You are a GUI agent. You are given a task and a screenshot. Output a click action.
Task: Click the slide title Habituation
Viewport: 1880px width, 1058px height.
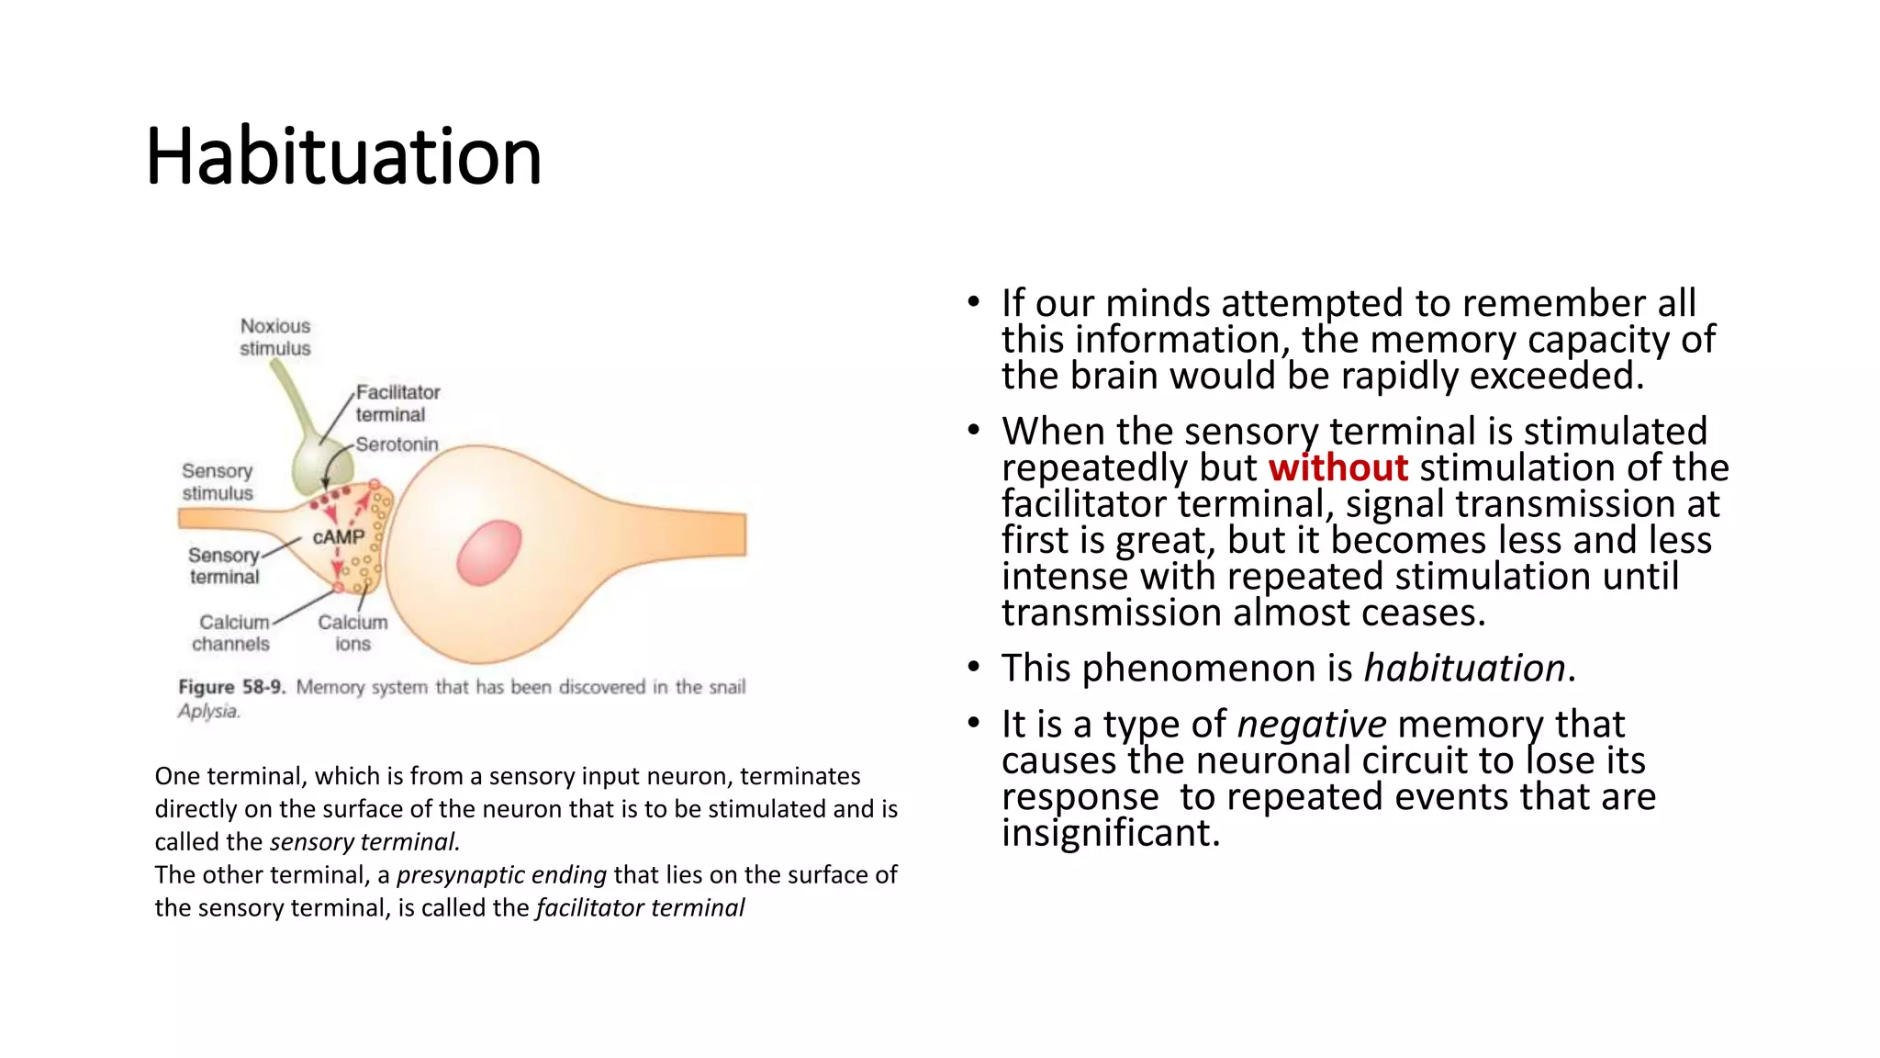pyautogui.click(x=343, y=156)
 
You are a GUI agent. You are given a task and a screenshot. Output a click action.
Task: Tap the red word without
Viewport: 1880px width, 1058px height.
pyautogui.click(x=1337, y=468)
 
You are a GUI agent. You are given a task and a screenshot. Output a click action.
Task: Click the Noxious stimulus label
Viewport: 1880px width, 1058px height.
pyautogui.click(x=275, y=337)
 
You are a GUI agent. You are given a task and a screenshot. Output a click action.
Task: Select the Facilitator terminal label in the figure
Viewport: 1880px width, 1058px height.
pyautogui.click(x=397, y=403)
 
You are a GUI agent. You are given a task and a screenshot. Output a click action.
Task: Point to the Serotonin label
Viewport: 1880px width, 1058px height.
pyautogui.click(x=397, y=445)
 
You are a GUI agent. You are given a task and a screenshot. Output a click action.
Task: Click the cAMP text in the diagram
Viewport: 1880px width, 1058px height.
pyautogui.click(x=339, y=536)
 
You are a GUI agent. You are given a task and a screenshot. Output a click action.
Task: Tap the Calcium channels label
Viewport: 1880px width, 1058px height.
pyautogui.click(x=232, y=633)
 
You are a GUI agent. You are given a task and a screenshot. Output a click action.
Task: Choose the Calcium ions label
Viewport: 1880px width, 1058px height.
pyautogui.click(x=352, y=633)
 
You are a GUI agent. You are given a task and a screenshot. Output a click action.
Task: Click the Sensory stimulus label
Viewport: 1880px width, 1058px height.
pyautogui.click(x=218, y=481)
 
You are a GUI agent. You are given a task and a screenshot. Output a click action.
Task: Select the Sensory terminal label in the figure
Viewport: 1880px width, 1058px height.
pyautogui.click(x=225, y=566)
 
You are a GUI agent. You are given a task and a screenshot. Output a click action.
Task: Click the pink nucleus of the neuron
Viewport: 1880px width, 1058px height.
pyautogui.click(x=489, y=552)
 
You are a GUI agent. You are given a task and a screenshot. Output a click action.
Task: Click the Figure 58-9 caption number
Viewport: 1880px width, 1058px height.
pyautogui.click(x=231, y=687)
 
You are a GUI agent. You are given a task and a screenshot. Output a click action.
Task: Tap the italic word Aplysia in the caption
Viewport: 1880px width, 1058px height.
pyautogui.click(x=208, y=711)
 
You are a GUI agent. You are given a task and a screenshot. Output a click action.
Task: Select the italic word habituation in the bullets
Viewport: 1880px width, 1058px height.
pyautogui.click(x=1464, y=668)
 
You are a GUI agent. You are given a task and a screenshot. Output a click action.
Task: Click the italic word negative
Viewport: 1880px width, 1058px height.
pyautogui.click(x=1311, y=725)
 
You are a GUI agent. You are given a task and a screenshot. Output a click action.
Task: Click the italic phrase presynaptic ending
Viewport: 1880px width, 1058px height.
pyautogui.click(x=501, y=874)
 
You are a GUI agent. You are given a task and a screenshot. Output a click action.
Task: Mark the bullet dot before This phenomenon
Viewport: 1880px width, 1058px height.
pyautogui.click(x=974, y=668)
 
